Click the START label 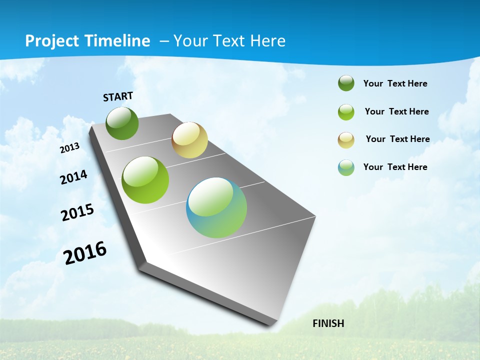(118, 96)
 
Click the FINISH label (328, 323)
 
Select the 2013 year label (70, 148)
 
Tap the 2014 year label (73, 177)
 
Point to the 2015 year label (77, 212)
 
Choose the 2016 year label (85, 253)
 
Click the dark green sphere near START (122, 123)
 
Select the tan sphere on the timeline (189, 140)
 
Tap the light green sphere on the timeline (145, 180)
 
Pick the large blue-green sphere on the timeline (216, 207)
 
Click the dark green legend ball (346, 83)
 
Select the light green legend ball (346, 112)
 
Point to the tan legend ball (346, 140)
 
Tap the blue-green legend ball (346, 167)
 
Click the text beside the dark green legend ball (395, 83)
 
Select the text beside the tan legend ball (397, 139)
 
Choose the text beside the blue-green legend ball (395, 167)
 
